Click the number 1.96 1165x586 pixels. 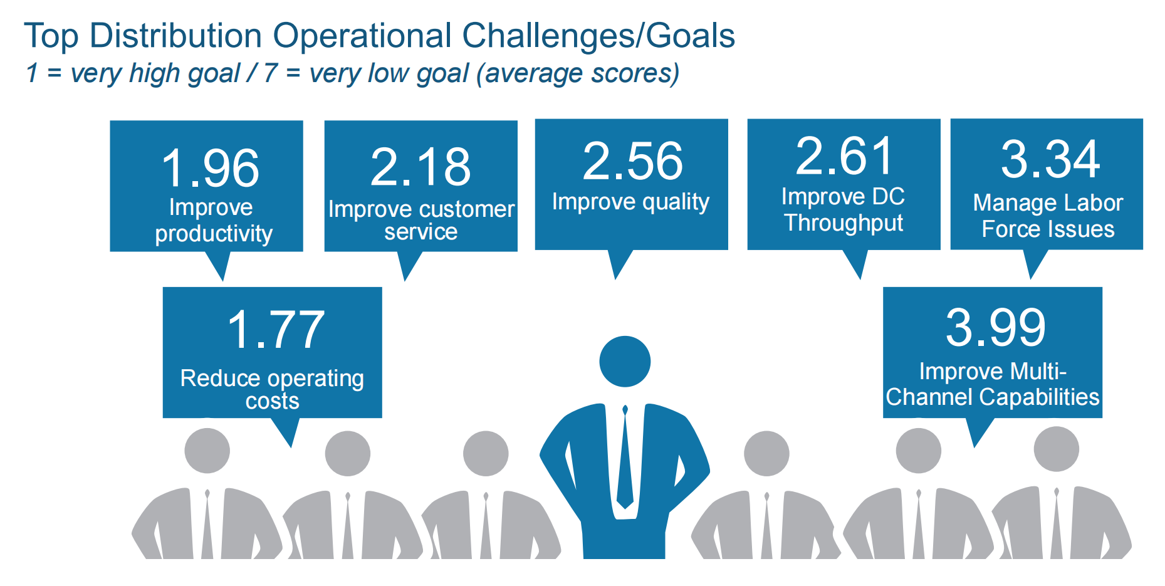click(x=210, y=169)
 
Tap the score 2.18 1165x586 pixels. click(x=421, y=167)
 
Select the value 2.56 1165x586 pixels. click(x=632, y=161)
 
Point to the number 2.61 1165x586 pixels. click(x=844, y=156)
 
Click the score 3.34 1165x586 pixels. click(x=1050, y=159)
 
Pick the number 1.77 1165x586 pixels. click(x=276, y=330)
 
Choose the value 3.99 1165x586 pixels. click(x=996, y=327)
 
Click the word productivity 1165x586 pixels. click(x=214, y=234)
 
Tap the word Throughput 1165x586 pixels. click(x=844, y=223)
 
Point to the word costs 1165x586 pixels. click(x=272, y=401)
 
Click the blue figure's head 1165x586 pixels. click(x=625, y=362)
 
